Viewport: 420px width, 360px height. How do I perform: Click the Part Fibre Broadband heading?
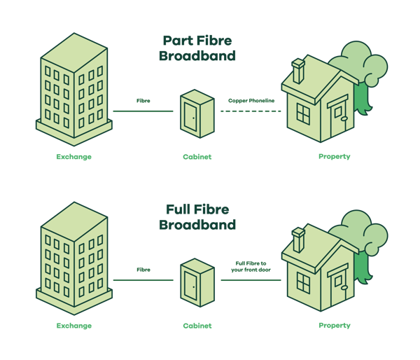[199, 48]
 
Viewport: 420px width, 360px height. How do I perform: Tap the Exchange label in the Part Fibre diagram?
[74, 157]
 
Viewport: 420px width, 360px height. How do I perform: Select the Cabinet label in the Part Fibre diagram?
[197, 157]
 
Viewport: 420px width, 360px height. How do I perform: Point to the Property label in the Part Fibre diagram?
[335, 157]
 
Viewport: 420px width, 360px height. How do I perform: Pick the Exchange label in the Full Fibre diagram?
[74, 326]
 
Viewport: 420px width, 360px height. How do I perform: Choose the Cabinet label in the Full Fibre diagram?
[197, 326]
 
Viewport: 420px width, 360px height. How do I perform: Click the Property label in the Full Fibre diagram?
[335, 326]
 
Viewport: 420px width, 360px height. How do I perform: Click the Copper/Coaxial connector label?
[251, 101]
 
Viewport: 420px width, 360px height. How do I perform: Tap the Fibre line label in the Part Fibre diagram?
[143, 101]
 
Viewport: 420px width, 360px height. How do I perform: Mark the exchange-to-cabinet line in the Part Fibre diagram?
[143, 111]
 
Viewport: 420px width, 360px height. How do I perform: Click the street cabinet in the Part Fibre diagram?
[197, 113]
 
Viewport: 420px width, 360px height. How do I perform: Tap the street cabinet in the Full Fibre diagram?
[197, 282]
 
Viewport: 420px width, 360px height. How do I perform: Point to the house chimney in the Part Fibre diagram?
[298, 71]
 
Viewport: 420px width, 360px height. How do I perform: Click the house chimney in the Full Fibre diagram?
[298, 240]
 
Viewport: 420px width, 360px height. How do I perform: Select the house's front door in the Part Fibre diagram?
[339, 118]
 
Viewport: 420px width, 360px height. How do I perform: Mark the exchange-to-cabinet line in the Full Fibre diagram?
[143, 280]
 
